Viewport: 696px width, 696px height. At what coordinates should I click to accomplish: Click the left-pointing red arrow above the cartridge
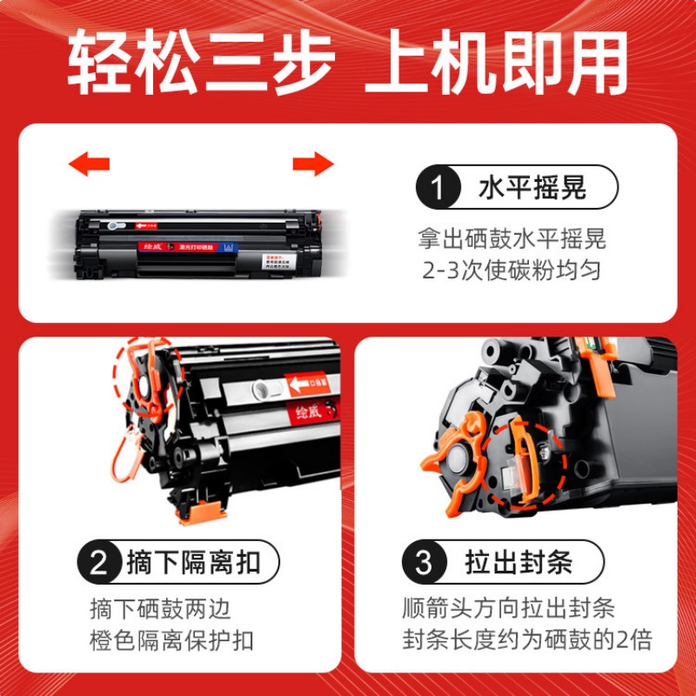click(89, 163)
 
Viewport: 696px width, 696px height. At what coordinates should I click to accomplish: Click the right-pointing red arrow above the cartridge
click(313, 163)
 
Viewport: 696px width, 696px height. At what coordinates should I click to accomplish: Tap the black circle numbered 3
click(424, 563)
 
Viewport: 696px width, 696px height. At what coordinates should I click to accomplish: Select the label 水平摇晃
click(532, 187)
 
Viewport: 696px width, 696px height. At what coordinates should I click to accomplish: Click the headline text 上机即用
click(496, 63)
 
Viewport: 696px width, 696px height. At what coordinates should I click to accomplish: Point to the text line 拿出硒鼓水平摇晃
click(512, 237)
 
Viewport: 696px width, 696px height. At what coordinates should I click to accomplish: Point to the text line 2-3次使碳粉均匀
click(512, 271)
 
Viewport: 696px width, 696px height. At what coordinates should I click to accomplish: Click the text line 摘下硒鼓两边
click(161, 607)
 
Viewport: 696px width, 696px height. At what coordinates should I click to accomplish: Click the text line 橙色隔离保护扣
click(171, 641)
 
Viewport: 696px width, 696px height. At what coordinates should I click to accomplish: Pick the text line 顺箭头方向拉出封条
click(509, 607)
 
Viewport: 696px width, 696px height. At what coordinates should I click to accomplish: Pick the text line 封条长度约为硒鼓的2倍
click(526, 641)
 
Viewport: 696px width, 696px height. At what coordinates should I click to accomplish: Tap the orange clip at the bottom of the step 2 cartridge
click(196, 514)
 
